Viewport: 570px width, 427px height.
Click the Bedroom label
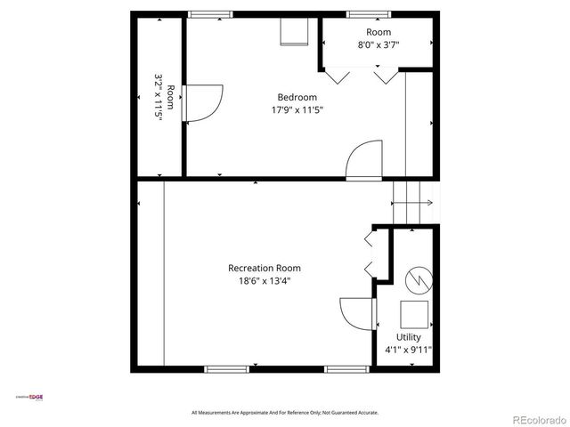(x=297, y=97)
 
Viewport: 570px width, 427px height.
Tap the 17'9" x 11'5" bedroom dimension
(x=297, y=110)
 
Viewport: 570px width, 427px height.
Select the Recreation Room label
(x=265, y=268)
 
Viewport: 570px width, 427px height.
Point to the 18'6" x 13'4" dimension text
(x=265, y=281)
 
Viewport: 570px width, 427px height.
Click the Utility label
(x=409, y=337)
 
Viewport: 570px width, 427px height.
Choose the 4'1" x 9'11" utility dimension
(x=409, y=350)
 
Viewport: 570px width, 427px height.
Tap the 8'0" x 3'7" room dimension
(x=379, y=44)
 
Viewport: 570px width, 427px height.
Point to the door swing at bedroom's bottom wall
(x=362, y=158)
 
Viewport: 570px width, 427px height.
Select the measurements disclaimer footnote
(x=285, y=412)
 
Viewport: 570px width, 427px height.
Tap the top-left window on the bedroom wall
(x=210, y=13)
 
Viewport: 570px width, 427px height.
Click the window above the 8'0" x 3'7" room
(x=361, y=13)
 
